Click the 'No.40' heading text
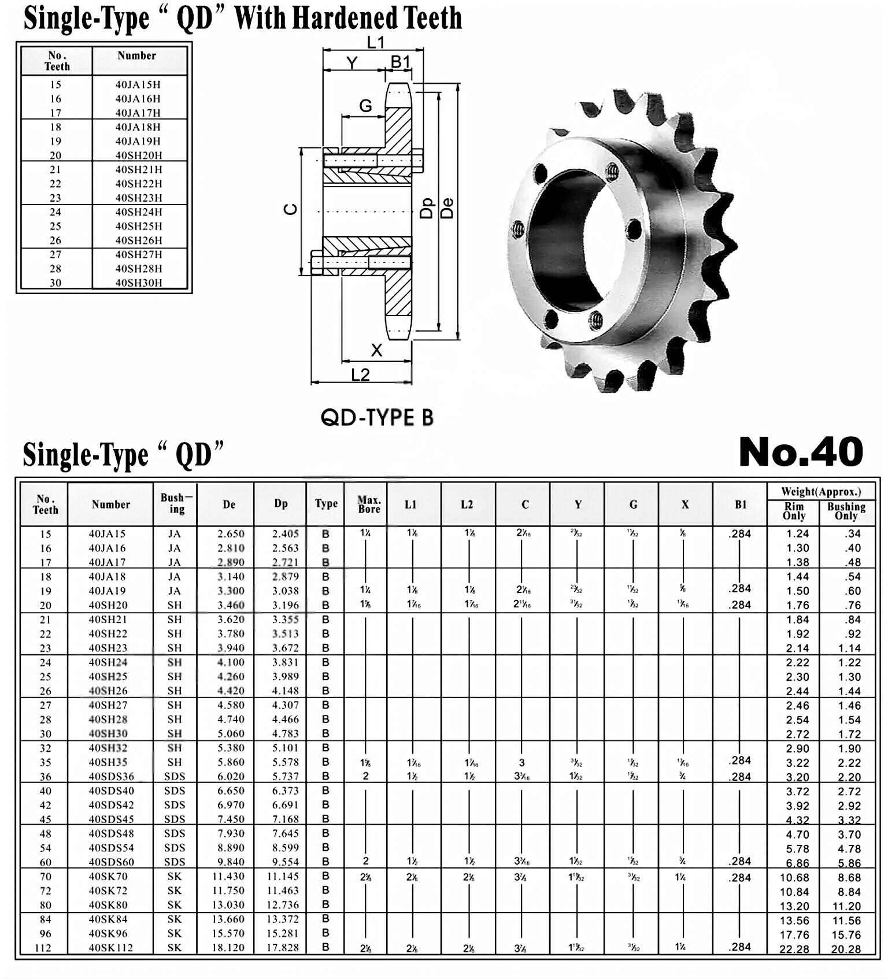[801, 452]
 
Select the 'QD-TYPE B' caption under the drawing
[377, 417]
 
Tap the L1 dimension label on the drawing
[375, 42]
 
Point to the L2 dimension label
[360, 375]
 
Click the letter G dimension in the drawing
[365, 106]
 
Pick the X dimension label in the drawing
[376, 350]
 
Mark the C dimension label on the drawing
[291, 209]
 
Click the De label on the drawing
[447, 208]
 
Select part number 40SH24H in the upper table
[139, 212]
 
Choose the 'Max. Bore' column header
[369, 504]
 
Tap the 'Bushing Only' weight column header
[846, 510]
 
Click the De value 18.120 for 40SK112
[228, 948]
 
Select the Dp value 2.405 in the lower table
[285, 534]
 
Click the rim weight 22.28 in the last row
[794, 949]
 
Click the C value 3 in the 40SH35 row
[522, 763]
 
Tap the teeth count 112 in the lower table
[43, 948]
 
